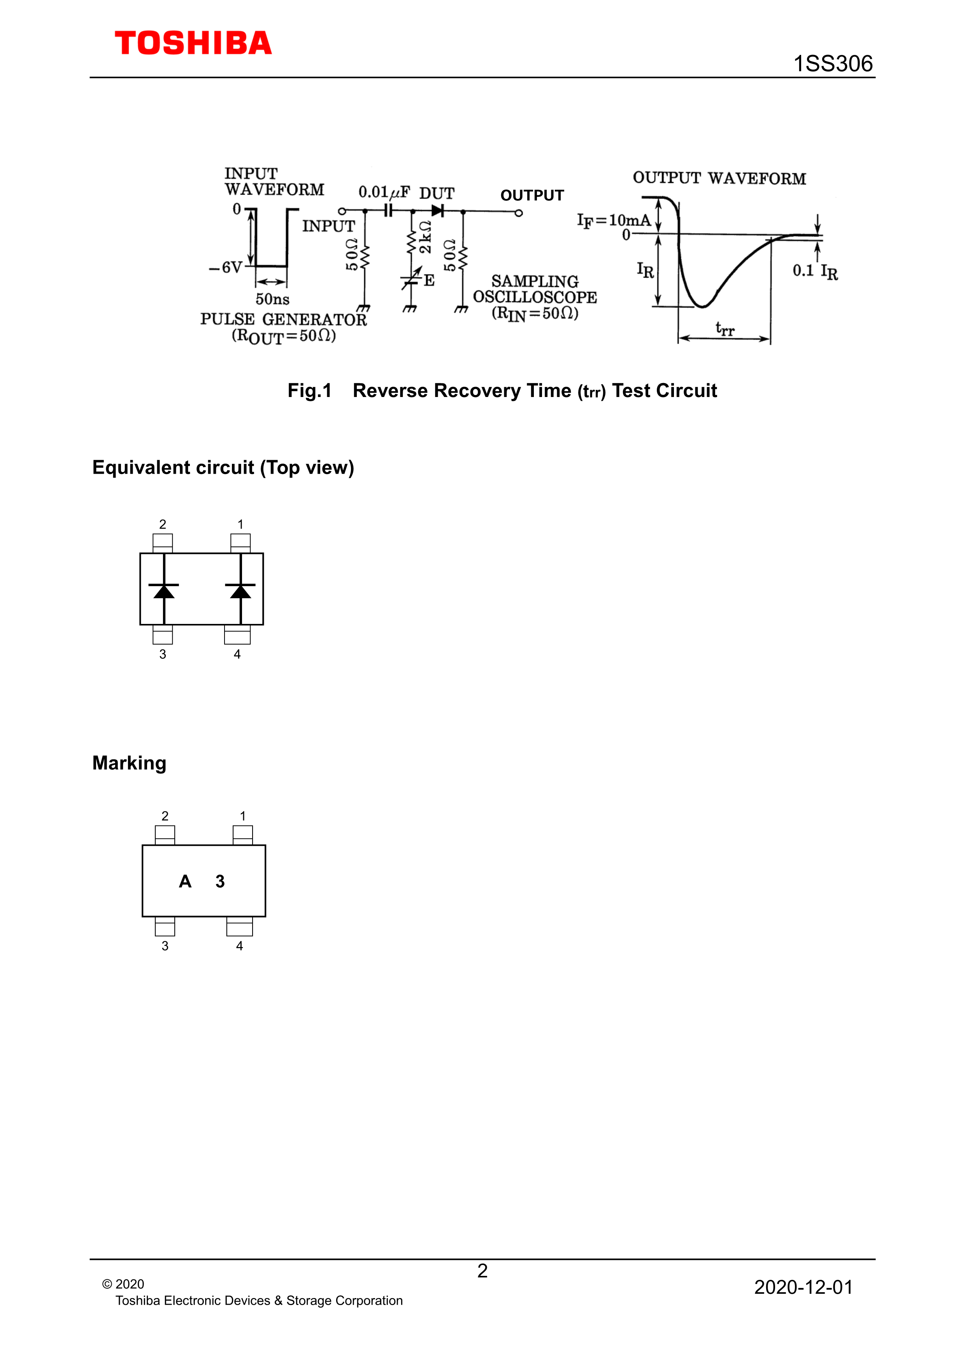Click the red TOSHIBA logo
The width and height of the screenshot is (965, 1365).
(x=193, y=44)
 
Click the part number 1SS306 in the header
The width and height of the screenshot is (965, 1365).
(x=833, y=63)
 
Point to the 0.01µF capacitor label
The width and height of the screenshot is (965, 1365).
(x=384, y=192)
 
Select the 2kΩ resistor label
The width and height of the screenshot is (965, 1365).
(x=425, y=237)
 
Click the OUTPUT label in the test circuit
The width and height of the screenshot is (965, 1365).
(x=532, y=196)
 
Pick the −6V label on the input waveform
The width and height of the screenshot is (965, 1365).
(x=226, y=267)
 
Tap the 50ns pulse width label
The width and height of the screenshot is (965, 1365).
(x=272, y=299)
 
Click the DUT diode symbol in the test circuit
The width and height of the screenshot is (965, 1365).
(x=438, y=211)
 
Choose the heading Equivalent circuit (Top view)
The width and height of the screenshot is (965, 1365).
(x=223, y=468)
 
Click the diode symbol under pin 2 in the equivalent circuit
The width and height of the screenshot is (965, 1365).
(x=164, y=590)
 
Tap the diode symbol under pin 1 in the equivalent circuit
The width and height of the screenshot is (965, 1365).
(x=240, y=590)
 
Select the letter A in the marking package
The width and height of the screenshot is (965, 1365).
(x=185, y=881)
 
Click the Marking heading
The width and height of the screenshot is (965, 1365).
(x=129, y=763)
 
